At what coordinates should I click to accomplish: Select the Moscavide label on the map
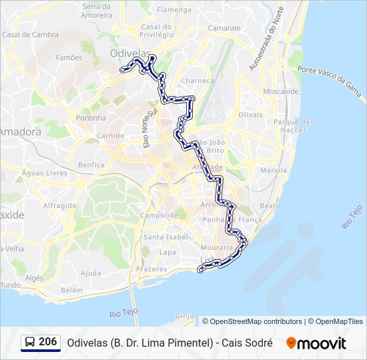coord(281,91)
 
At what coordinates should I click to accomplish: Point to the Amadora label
coord(19,132)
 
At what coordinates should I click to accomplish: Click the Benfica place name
coord(91,165)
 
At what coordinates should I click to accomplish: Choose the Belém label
coord(71,290)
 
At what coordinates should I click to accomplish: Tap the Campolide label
coord(159,215)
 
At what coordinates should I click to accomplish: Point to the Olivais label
coord(251,115)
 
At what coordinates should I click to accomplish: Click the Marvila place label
coord(274,170)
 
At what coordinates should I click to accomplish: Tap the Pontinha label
coord(91,117)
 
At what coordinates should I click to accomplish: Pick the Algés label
coord(33,277)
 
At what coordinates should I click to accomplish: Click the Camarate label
coord(224,28)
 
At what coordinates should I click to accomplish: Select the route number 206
coord(48,342)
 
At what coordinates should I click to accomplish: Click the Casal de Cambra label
coord(30,35)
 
